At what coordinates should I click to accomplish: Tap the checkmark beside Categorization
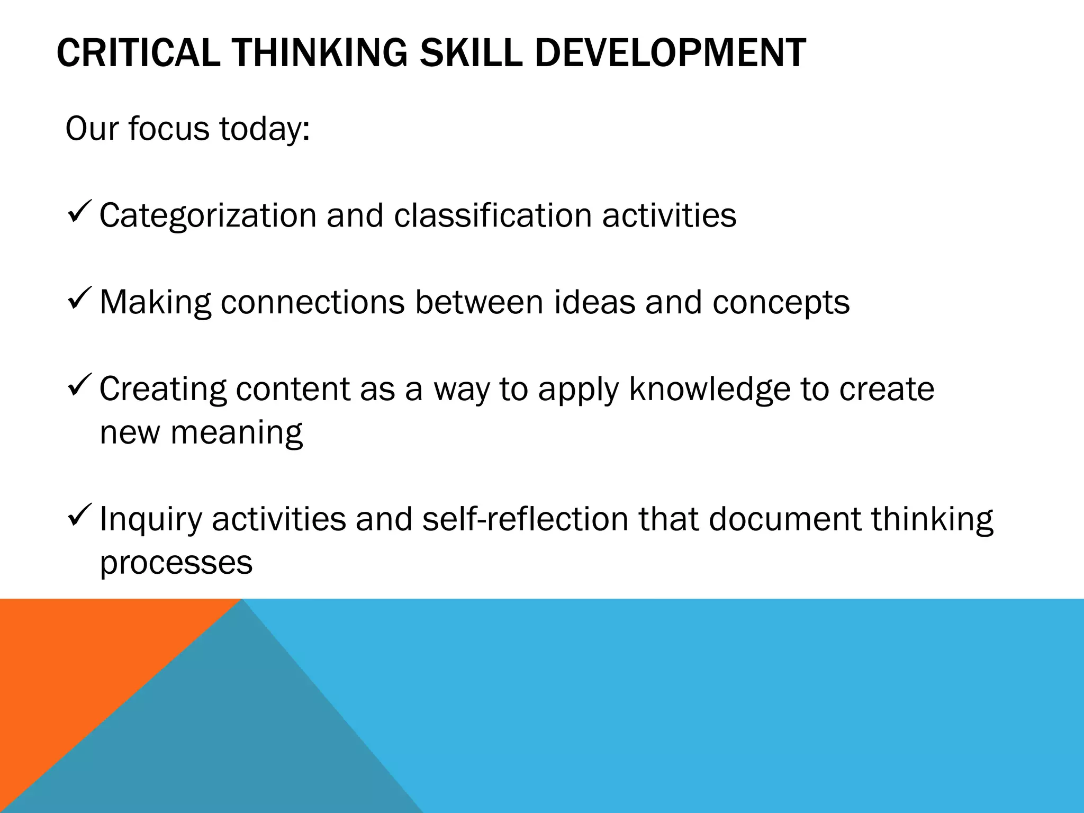pyautogui.click(x=80, y=211)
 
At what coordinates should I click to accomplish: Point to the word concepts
pyautogui.click(x=781, y=303)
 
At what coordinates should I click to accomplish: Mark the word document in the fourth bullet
pyautogui.click(x=785, y=519)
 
